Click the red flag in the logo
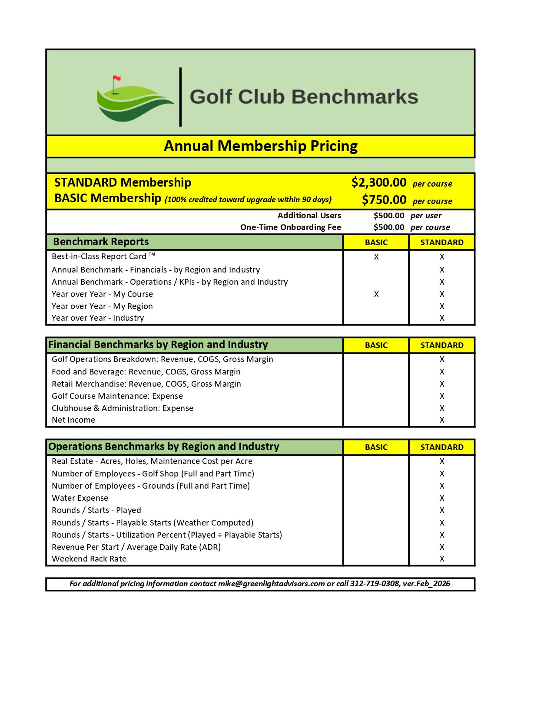(116, 79)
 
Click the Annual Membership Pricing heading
(260, 146)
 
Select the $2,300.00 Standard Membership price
(378, 183)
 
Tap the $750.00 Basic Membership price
(384, 200)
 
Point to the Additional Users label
(309, 216)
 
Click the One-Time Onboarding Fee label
(290, 227)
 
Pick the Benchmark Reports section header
(101, 242)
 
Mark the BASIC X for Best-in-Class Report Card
(376, 257)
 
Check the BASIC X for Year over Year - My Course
(376, 294)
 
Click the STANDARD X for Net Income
(442, 420)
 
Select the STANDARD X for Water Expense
(442, 498)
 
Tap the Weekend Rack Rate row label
(89, 559)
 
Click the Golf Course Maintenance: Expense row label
(117, 396)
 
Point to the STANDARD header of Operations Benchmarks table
(442, 447)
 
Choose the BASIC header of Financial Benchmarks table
(376, 345)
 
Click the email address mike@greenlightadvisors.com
(271, 584)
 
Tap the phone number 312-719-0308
(375, 584)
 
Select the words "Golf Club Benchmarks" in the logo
(304, 97)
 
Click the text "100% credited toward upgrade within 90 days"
(248, 200)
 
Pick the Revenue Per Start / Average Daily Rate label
(136, 547)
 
